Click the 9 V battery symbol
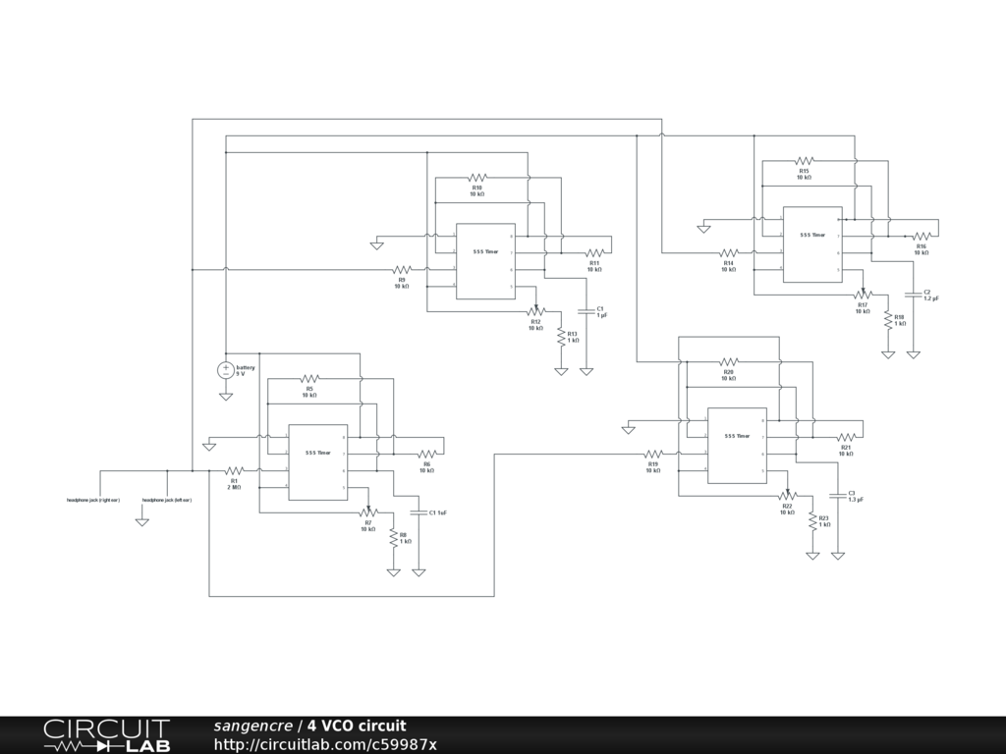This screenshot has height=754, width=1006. click(x=225, y=370)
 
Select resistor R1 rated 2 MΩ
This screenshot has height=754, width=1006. click(x=234, y=471)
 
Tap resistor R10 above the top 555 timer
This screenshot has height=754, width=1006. click(x=477, y=178)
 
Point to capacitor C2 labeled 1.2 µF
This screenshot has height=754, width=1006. click(x=914, y=294)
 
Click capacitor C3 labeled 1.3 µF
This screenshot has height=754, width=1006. click(x=838, y=495)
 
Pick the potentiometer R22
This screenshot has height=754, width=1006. click(x=787, y=496)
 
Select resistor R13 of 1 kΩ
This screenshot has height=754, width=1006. click(x=561, y=337)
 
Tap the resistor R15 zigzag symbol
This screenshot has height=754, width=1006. click(x=804, y=161)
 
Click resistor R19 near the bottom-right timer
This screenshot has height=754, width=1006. click(x=653, y=455)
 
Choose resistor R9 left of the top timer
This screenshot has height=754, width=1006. click(x=402, y=269)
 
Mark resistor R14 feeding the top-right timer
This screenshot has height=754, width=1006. click(x=729, y=253)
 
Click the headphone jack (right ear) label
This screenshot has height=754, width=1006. click(x=93, y=501)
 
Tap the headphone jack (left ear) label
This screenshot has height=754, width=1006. click(x=167, y=501)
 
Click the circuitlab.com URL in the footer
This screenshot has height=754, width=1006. click(x=325, y=744)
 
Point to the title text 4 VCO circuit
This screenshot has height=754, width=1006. click(x=356, y=726)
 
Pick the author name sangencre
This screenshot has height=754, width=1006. click(x=252, y=726)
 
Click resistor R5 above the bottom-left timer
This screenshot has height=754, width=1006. click(x=309, y=378)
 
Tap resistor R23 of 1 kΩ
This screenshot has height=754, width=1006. click(x=812, y=520)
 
